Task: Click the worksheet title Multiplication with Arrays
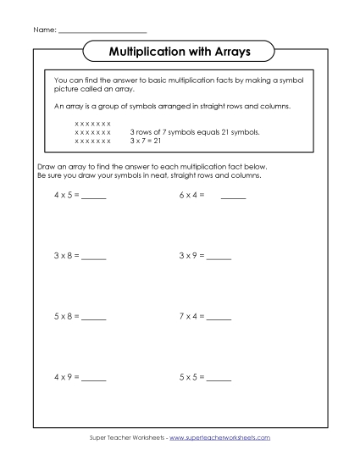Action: [x=180, y=53]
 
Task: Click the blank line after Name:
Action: [x=102, y=31]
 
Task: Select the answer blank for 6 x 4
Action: [x=233, y=197]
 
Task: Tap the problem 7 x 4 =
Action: [x=191, y=316]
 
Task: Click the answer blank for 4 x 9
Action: [x=94, y=378]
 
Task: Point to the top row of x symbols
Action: [x=92, y=124]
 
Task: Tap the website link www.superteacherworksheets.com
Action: [x=219, y=437]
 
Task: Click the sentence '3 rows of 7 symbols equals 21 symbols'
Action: [x=194, y=133]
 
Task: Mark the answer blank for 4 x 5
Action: [x=94, y=197]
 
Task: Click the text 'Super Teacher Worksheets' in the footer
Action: [x=126, y=437]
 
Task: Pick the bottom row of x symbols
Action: [x=92, y=141]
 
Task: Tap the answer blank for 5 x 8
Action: [x=94, y=318]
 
